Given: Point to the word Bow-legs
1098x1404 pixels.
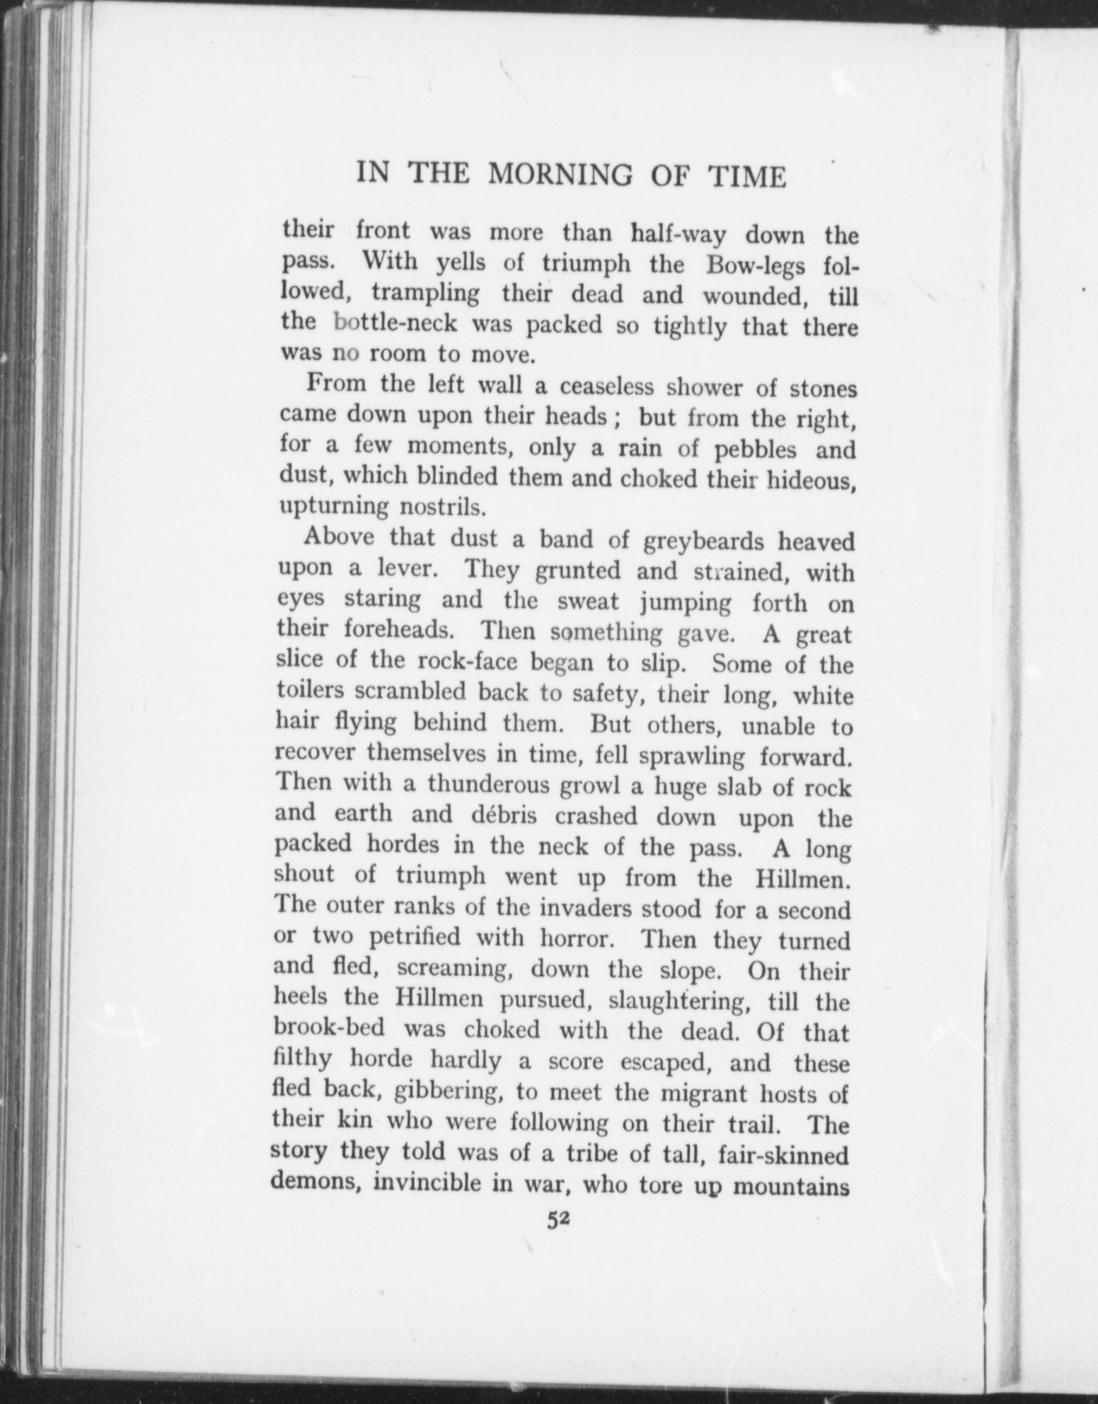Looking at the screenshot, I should coord(754,265).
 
